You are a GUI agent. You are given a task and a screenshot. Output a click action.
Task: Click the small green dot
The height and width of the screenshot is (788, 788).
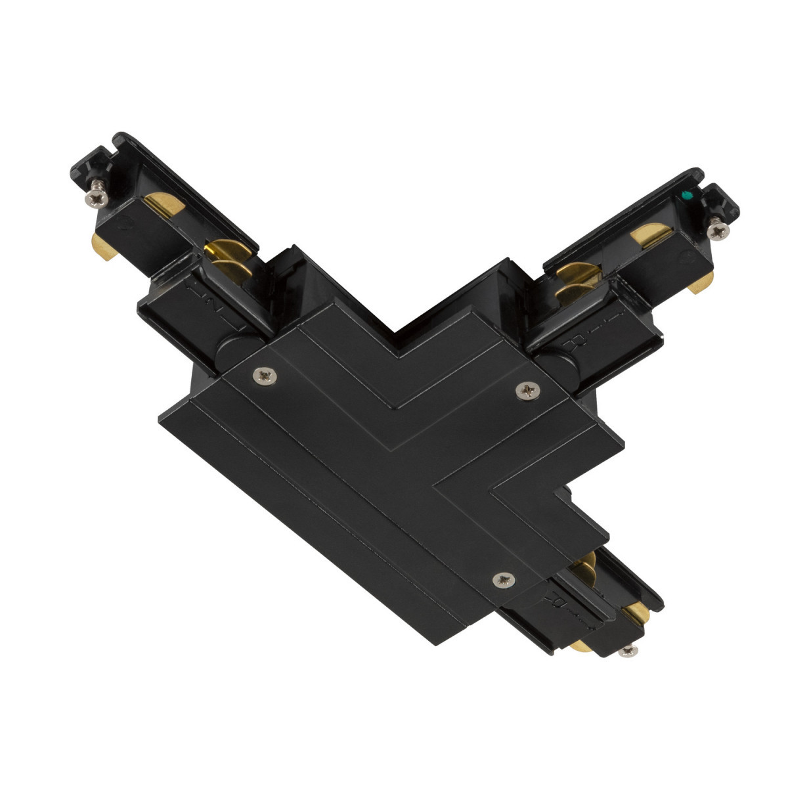click(x=687, y=196)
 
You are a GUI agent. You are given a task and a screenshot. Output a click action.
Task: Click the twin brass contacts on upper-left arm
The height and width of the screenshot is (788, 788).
click(x=227, y=257)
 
